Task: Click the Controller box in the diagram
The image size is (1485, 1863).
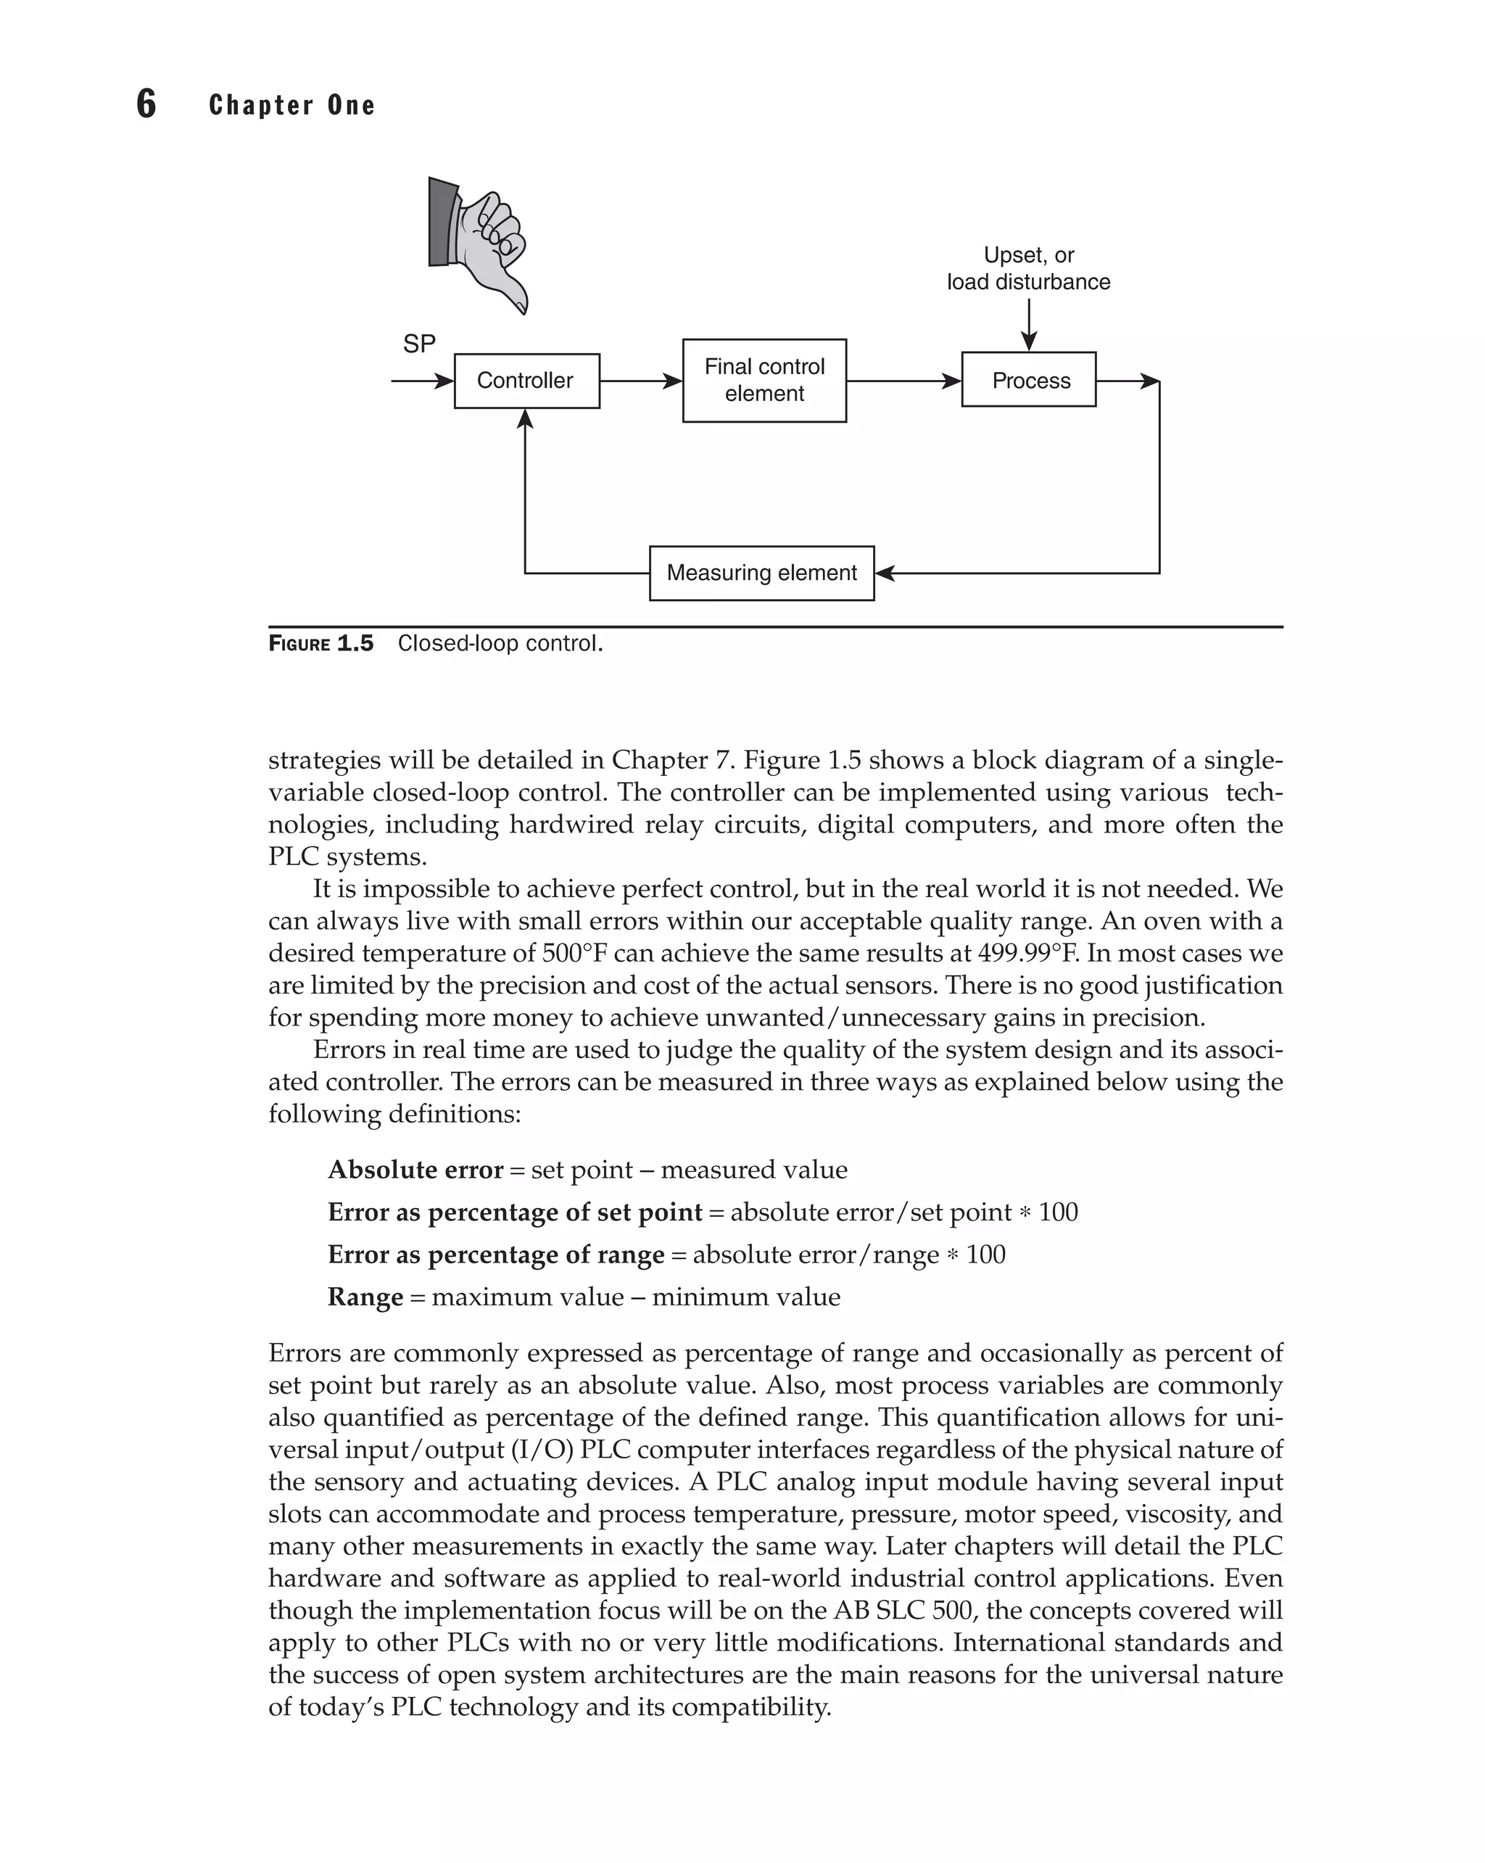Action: tap(526, 381)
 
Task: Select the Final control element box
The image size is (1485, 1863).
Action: tap(764, 380)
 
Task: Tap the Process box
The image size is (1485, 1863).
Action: tap(1028, 380)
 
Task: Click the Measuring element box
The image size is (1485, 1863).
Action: tap(761, 573)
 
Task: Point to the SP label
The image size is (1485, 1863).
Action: tap(419, 344)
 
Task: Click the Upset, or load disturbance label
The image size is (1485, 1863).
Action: tap(1028, 269)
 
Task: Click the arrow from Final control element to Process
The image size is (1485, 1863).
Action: tap(903, 381)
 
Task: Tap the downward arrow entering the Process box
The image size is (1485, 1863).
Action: tap(1028, 326)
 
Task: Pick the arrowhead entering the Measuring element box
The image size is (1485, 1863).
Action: tap(885, 573)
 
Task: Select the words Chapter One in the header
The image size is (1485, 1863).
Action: tap(292, 105)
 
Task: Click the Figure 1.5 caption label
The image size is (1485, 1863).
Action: tap(321, 644)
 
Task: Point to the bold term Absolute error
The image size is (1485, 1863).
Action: tap(415, 1170)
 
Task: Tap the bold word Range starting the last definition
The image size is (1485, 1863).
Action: tap(365, 1297)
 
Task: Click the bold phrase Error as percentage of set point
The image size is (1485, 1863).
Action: tap(515, 1213)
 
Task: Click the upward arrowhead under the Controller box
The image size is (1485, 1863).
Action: tap(525, 419)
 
